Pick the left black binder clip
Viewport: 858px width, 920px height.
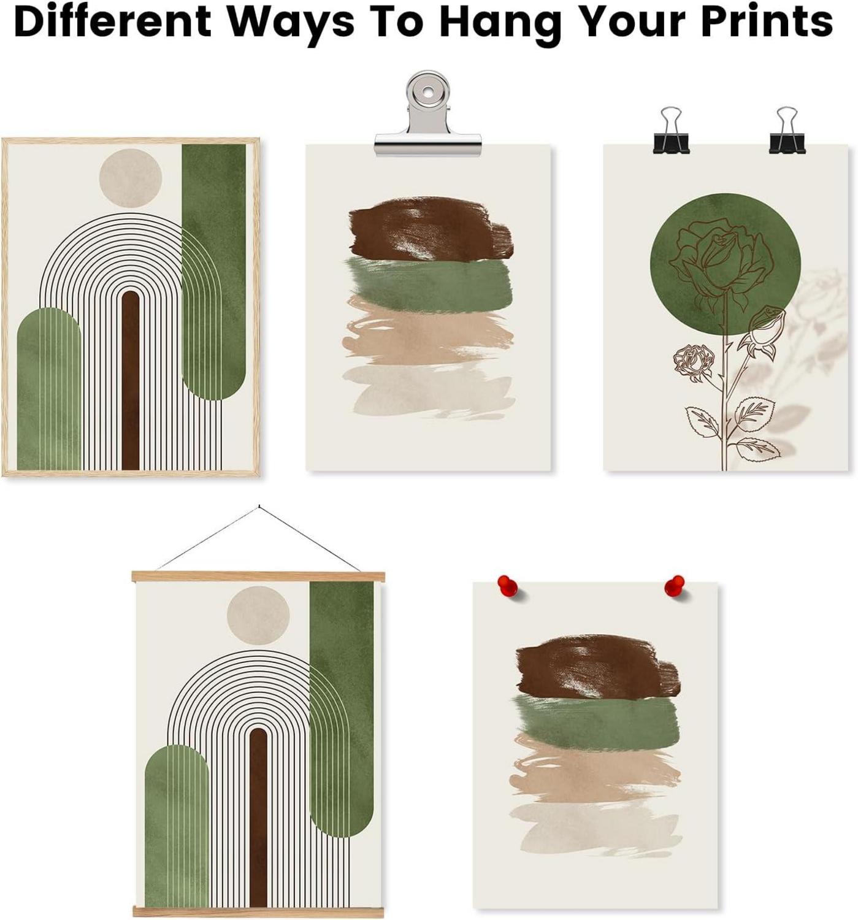pyautogui.click(x=671, y=130)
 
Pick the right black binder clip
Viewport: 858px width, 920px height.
pyautogui.click(x=787, y=130)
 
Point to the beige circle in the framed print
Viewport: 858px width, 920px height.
pyautogui.click(x=131, y=178)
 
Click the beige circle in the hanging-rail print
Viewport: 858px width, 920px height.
pyautogui.click(x=258, y=615)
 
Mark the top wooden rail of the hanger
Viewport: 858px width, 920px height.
pyautogui.click(x=258, y=577)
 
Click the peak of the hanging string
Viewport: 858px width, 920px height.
pyautogui.click(x=259, y=507)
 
